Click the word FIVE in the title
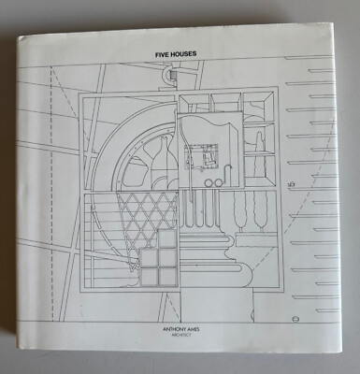pyautogui.click(x=162, y=54)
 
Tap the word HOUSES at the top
pyautogui.click(x=182, y=54)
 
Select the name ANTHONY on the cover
pyautogui.click(x=174, y=329)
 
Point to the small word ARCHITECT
pyautogui.click(x=181, y=335)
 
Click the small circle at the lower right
pyautogui.click(x=295, y=319)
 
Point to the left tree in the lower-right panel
pyautogui.click(x=241, y=212)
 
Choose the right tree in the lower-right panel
pyautogui.click(x=261, y=212)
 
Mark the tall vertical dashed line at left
pyautogui.click(x=51, y=194)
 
